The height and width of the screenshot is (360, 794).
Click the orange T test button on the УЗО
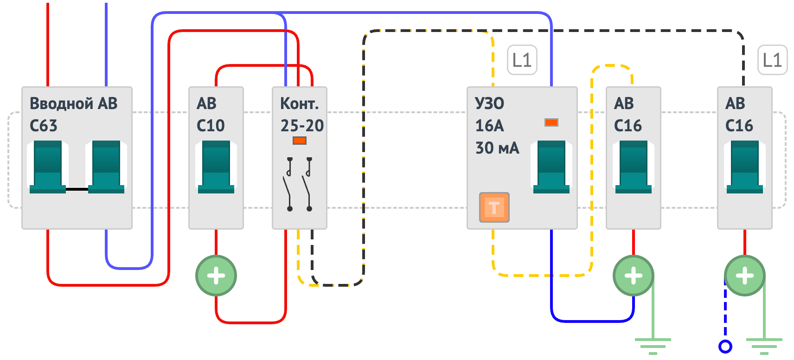(x=494, y=207)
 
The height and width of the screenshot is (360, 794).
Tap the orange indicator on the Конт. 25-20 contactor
(x=300, y=141)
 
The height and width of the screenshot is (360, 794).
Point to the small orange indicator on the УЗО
(x=551, y=123)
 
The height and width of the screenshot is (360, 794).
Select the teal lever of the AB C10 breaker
(x=216, y=167)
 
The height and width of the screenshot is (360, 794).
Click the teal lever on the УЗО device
(x=551, y=167)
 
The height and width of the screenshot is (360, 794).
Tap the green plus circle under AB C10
(x=216, y=276)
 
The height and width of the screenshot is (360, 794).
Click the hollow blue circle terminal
(x=725, y=347)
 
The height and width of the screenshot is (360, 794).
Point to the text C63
(x=43, y=126)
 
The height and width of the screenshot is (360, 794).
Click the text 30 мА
(x=497, y=148)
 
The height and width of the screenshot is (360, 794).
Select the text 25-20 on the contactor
(x=302, y=126)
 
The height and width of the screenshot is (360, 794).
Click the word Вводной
(x=62, y=103)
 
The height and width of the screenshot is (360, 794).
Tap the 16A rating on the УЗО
(x=489, y=126)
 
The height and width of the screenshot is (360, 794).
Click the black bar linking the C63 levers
(x=77, y=189)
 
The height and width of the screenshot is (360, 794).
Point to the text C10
(x=211, y=126)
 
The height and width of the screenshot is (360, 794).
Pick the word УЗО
(x=489, y=103)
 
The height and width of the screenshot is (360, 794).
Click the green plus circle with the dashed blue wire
(x=745, y=276)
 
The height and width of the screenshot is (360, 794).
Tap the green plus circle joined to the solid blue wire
(x=634, y=276)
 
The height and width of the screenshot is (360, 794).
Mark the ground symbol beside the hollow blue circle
(x=764, y=346)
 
